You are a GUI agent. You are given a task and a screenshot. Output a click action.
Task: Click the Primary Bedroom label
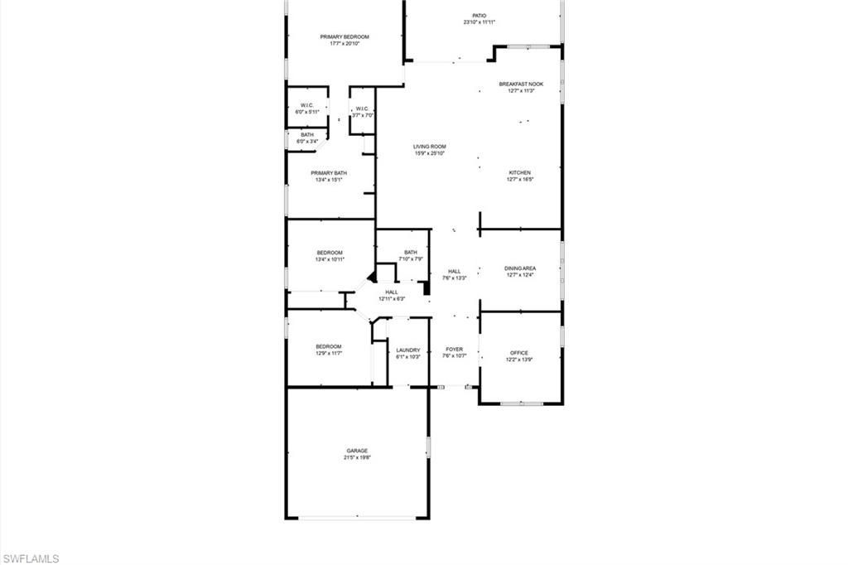(344, 36)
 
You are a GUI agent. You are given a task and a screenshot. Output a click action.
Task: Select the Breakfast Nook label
(521, 84)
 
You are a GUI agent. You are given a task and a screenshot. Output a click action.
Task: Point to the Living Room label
(430, 147)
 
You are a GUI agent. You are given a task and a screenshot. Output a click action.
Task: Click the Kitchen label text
(520, 172)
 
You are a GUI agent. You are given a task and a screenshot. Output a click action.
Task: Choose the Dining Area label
(520, 268)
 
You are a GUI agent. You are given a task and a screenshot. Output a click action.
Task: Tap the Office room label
(519, 353)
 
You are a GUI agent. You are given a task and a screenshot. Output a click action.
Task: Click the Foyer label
(455, 350)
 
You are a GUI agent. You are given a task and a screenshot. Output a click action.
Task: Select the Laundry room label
(408, 350)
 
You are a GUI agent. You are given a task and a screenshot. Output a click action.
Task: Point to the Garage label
(357, 451)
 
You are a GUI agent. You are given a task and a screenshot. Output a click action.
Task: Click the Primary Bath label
(330, 172)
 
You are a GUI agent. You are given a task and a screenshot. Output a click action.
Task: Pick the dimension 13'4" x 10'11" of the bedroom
(330, 259)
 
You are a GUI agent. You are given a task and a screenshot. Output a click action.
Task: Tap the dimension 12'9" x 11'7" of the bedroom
(329, 354)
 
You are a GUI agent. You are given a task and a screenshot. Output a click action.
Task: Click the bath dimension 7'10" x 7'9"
(411, 259)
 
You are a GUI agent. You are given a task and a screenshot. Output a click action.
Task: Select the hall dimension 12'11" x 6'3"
(392, 298)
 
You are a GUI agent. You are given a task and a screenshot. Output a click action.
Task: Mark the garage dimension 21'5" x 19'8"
(357, 457)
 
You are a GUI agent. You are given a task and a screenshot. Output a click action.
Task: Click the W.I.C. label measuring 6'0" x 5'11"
(306, 105)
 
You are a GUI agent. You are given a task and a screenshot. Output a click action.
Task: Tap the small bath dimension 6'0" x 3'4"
(307, 142)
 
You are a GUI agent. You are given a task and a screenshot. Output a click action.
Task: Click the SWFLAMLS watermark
(30, 558)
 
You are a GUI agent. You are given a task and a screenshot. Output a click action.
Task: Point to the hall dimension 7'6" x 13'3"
(455, 278)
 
